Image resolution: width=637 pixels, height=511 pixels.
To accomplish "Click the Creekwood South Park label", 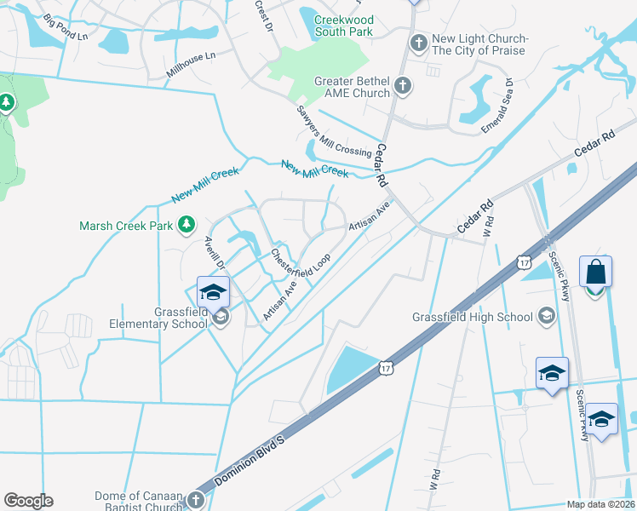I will coord(344,26).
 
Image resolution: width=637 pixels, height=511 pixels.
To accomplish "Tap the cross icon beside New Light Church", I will coord(418,43).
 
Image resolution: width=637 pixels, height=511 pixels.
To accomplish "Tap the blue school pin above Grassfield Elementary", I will coord(213,293).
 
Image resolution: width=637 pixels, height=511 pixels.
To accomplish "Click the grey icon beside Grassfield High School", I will coord(546,318).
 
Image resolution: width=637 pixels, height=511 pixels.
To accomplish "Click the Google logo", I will coord(28,501).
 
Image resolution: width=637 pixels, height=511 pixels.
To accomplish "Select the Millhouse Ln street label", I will coord(192,65).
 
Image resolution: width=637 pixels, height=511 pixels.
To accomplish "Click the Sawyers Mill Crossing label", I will coord(334,131).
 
